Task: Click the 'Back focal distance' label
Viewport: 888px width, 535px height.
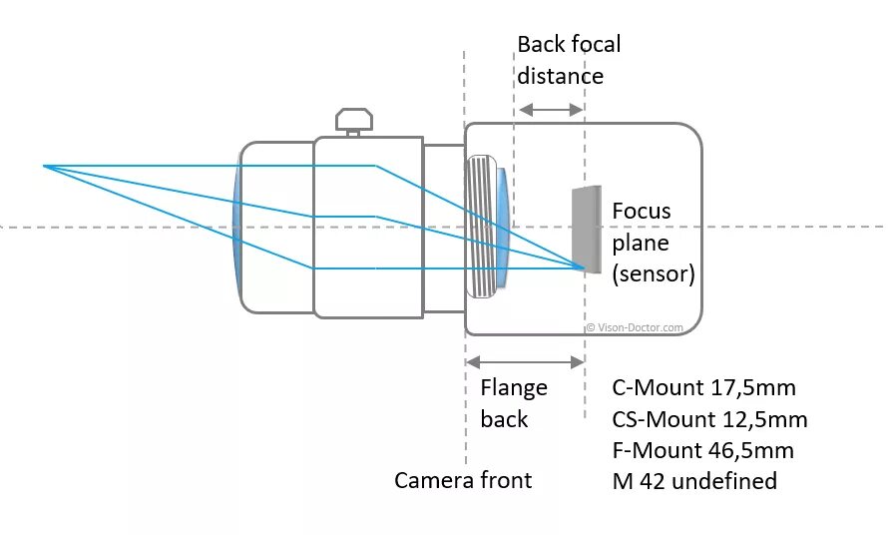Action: pyautogui.click(x=569, y=60)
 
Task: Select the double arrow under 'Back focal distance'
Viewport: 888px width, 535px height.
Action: pyautogui.click(x=550, y=108)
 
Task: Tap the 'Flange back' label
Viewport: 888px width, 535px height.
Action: pyautogui.click(x=513, y=403)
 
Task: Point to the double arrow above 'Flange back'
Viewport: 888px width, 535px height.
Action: pyautogui.click(x=525, y=361)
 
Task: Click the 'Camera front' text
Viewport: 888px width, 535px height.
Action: pyautogui.click(x=463, y=480)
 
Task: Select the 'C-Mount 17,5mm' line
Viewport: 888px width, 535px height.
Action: pyautogui.click(x=703, y=387)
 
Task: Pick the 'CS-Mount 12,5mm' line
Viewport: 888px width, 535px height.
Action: pyautogui.click(x=709, y=418)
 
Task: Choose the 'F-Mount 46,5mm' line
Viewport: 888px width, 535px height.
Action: pyautogui.click(x=702, y=449)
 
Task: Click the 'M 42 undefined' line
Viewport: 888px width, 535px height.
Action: pyautogui.click(x=694, y=480)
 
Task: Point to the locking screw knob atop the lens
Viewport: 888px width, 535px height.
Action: pyautogui.click(x=354, y=121)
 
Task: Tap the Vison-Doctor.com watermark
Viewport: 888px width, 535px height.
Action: pyautogui.click(x=635, y=326)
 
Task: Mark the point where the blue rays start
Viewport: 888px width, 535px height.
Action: pyautogui.click(x=43, y=165)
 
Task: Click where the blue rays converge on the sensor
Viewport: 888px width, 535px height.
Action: pyautogui.click(x=584, y=267)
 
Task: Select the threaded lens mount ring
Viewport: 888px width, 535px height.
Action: pyautogui.click(x=482, y=226)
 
